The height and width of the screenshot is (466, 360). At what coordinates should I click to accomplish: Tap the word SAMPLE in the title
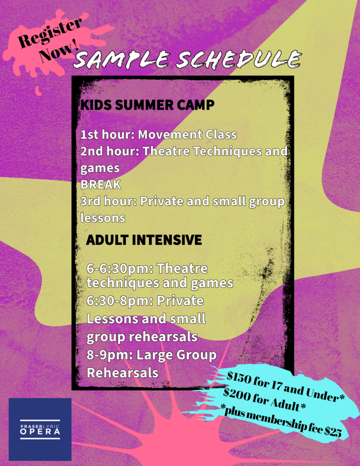[x=122, y=59]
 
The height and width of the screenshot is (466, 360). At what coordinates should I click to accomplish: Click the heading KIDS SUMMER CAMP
[x=147, y=105]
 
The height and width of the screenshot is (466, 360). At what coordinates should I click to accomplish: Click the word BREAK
[x=101, y=185]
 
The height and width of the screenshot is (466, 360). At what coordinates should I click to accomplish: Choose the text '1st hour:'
[x=108, y=135]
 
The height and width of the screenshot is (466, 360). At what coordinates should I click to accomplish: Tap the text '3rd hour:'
[x=109, y=201]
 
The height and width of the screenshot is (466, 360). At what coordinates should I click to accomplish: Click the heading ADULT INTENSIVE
[x=144, y=240]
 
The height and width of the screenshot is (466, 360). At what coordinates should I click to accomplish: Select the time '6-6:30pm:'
[x=120, y=268]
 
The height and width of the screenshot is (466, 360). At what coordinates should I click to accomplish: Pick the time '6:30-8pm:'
[x=120, y=301]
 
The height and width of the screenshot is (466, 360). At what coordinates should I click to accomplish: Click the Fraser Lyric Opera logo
[x=40, y=429]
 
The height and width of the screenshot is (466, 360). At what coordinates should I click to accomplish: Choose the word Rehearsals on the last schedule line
[x=122, y=373]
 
